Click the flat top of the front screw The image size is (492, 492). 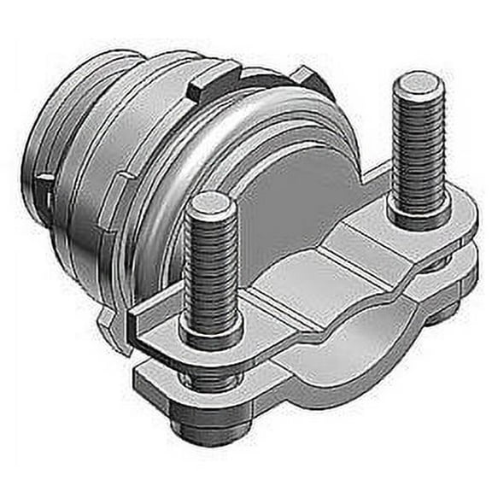(208, 203)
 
